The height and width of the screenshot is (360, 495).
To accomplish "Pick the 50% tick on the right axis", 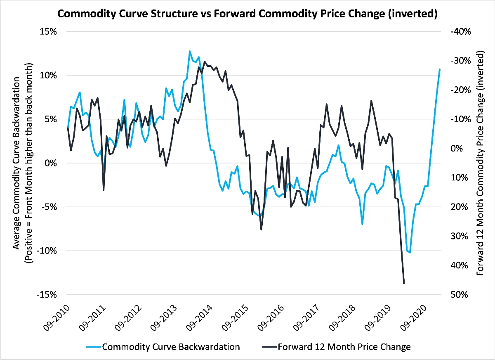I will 456,295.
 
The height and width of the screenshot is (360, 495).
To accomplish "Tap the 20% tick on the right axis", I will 456,207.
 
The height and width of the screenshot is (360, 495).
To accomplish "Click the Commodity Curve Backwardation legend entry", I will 171,347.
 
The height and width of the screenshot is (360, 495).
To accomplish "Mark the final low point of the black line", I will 404,283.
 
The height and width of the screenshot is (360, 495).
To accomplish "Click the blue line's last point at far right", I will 440,69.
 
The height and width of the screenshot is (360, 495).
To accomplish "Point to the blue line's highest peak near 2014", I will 190,51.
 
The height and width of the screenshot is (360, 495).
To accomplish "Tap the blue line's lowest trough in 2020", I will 410,252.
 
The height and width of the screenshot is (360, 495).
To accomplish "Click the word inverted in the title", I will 414,13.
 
